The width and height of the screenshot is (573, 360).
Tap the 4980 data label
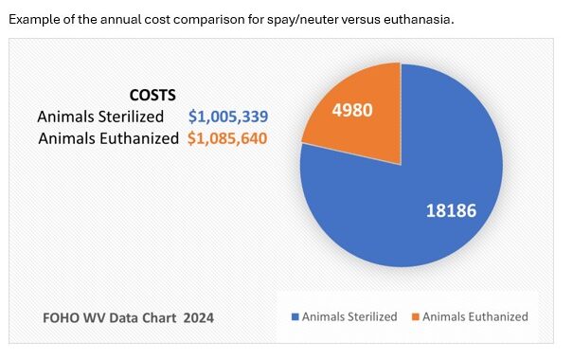click(x=352, y=110)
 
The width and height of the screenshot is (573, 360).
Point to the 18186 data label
click(x=452, y=210)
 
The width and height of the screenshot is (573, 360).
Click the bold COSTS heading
click(x=152, y=95)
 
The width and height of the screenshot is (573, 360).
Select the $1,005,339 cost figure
click(x=228, y=117)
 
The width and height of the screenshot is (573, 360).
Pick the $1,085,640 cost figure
click(x=227, y=138)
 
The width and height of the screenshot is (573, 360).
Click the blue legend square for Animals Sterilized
click(x=295, y=316)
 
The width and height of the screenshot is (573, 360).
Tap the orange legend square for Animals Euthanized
click(x=416, y=316)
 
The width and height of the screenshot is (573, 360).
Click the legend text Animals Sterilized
click(x=349, y=316)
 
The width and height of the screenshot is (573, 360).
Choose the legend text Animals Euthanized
click(x=475, y=316)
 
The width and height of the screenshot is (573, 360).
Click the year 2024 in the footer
click(x=199, y=317)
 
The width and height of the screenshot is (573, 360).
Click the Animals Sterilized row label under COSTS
click(x=100, y=117)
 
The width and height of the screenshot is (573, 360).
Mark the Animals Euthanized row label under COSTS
click(x=109, y=138)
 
